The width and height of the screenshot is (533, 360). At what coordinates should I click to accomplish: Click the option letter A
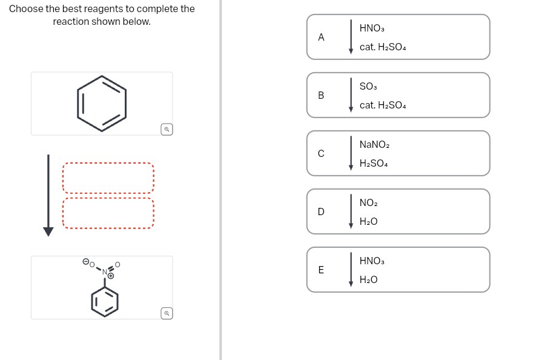click(x=321, y=37)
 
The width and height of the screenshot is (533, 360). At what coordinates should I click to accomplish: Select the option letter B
click(x=321, y=95)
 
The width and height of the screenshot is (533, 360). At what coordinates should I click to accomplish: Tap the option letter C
click(x=321, y=153)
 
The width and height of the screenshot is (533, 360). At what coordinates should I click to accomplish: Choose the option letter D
click(x=321, y=212)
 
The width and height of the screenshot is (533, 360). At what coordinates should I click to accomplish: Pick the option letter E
click(x=321, y=270)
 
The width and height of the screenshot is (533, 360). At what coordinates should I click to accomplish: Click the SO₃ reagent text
click(x=368, y=87)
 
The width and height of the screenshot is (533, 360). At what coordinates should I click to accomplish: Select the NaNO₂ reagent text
click(x=374, y=145)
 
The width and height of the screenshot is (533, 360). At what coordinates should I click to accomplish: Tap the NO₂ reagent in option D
click(x=368, y=203)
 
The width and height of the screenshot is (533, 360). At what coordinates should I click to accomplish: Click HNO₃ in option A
click(x=372, y=28)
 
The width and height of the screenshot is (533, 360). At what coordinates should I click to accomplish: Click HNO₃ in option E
click(x=372, y=261)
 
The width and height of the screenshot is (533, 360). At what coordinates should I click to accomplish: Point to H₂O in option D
click(x=368, y=222)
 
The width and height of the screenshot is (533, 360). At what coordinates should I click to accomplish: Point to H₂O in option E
click(x=368, y=280)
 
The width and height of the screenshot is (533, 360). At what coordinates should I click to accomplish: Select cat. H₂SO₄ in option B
click(x=382, y=105)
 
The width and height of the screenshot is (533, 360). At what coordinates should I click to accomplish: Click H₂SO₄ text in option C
click(x=373, y=164)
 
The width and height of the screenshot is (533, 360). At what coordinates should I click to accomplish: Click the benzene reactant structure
click(x=102, y=103)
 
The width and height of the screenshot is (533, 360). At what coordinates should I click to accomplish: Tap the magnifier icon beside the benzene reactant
click(x=167, y=129)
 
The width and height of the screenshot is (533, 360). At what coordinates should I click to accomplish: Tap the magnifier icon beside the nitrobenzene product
click(x=167, y=313)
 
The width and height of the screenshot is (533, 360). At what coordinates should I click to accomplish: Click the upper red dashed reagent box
click(x=108, y=178)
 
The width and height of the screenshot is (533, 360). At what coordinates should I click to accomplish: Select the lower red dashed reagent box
click(x=108, y=213)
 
